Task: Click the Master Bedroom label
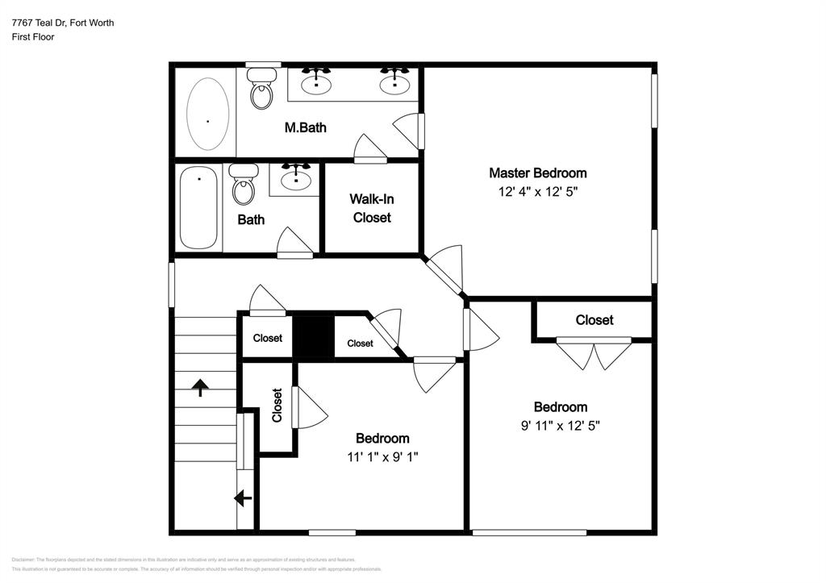pyautogui.click(x=537, y=173)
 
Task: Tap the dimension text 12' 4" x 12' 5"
pyautogui.click(x=537, y=192)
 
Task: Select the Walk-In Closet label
pyautogui.click(x=371, y=208)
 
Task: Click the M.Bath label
pyautogui.click(x=305, y=127)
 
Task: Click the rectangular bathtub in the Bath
pyautogui.click(x=198, y=208)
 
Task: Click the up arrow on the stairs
pyautogui.click(x=199, y=388)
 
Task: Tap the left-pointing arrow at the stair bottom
pyautogui.click(x=243, y=498)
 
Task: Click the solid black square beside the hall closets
pyautogui.click(x=313, y=336)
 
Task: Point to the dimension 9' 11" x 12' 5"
pyautogui.click(x=560, y=427)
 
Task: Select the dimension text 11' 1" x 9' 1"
pyautogui.click(x=382, y=457)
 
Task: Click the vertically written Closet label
pyautogui.click(x=277, y=406)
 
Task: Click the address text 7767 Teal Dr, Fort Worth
pyautogui.click(x=63, y=23)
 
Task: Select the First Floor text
pyautogui.click(x=33, y=37)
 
